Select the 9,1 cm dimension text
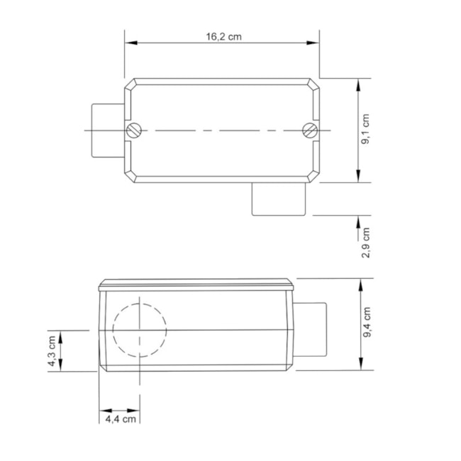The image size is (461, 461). (367, 130)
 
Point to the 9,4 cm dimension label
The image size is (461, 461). (367, 323)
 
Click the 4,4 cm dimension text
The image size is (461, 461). (120, 419)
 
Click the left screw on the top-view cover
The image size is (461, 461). (135, 130)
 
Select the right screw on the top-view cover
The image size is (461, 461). (309, 130)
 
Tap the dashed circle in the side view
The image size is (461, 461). (140, 331)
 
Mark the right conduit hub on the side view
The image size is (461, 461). (312, 331)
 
